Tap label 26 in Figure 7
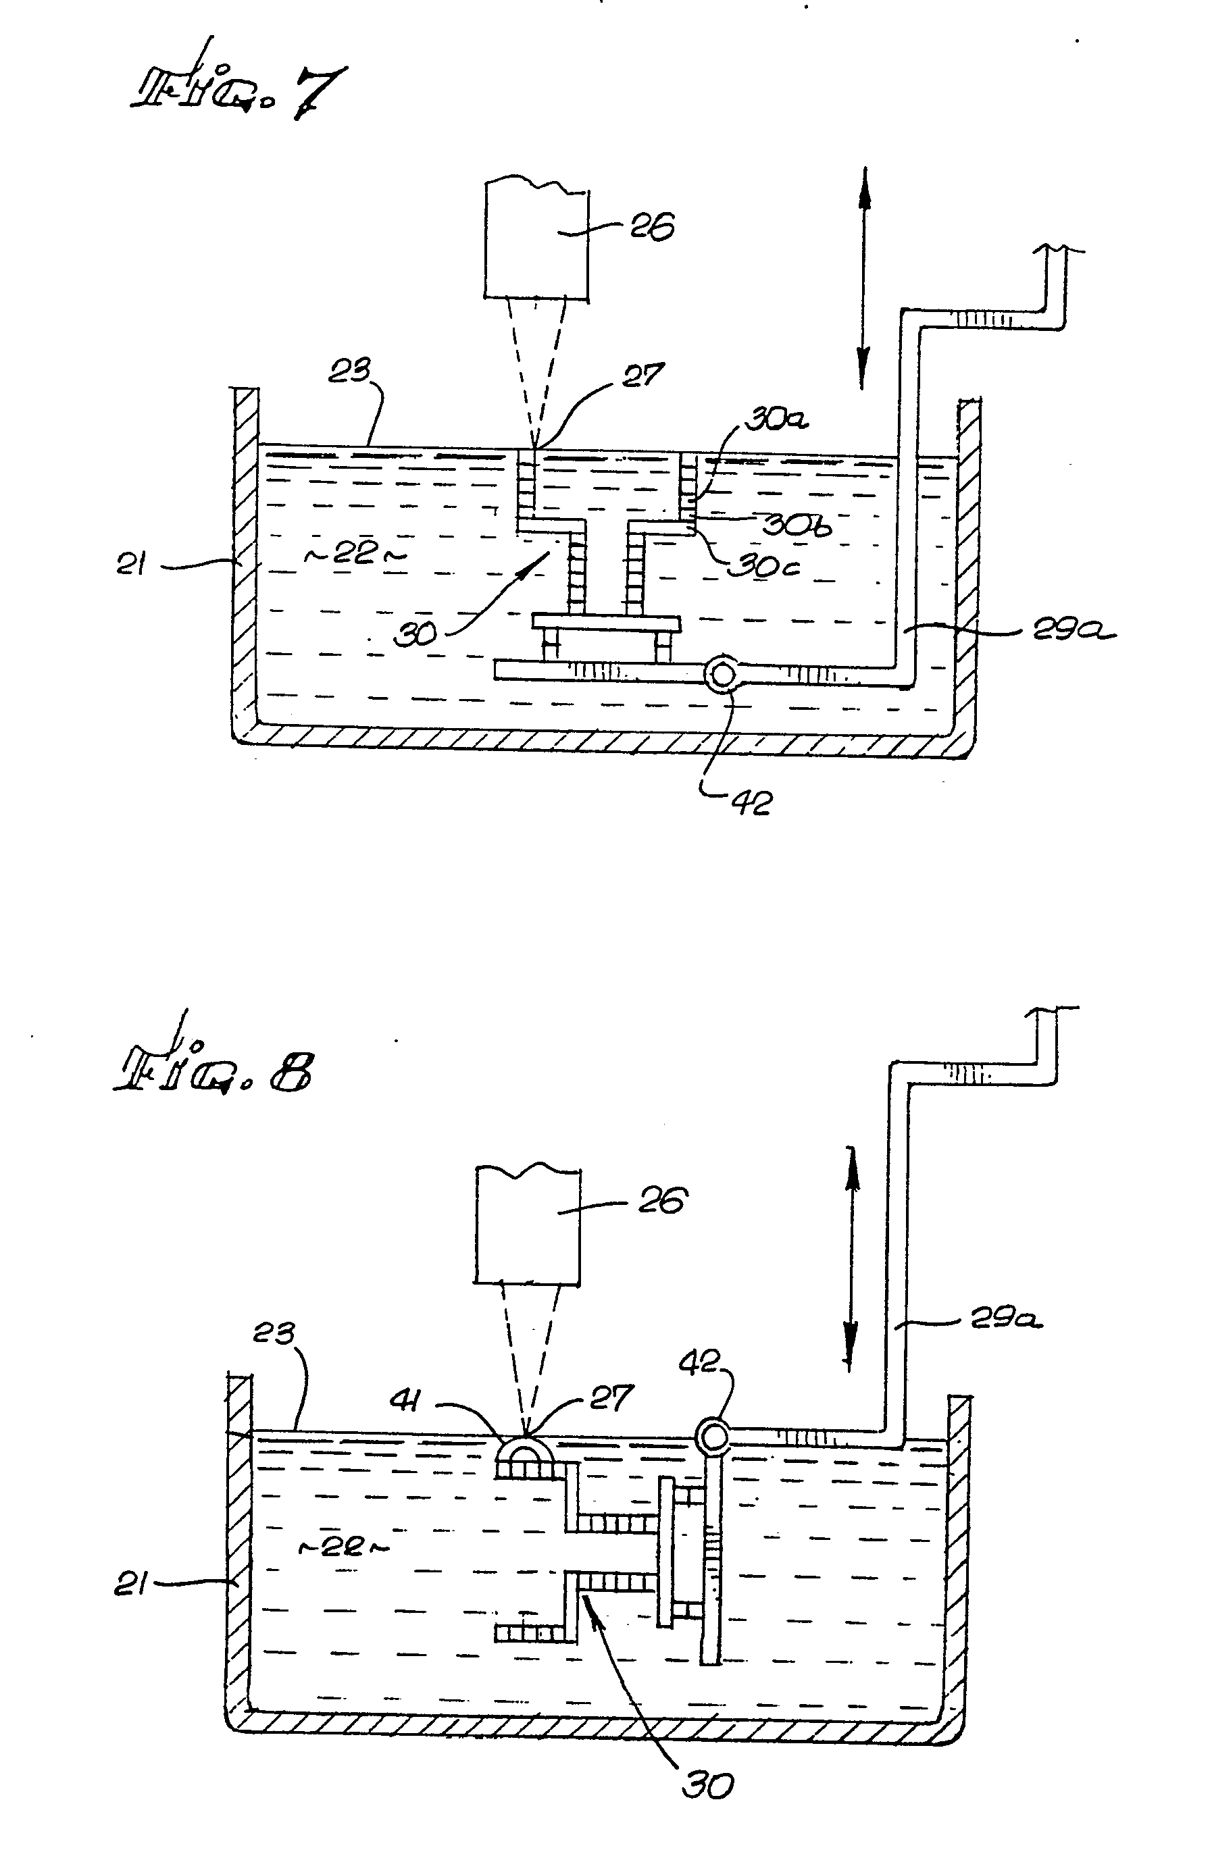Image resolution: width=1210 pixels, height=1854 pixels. tap(651, 228)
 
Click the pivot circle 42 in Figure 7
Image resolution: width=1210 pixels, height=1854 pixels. tap(722, 674)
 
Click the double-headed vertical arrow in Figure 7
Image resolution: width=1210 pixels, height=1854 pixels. tap(863, 278)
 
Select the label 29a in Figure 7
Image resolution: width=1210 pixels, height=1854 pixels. tap(1074, 631)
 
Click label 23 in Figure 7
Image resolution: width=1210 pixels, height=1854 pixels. tap(349, 371)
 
